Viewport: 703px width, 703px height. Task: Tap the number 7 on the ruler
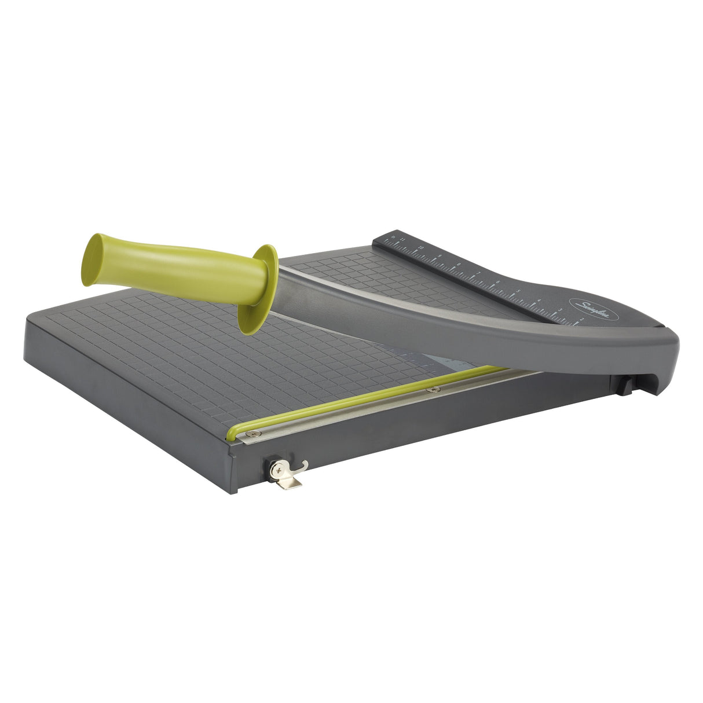click(x=479, y=273)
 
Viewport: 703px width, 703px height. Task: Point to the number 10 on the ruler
click(x=421, y=248)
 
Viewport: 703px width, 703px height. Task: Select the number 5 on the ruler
click(x=518, y=291)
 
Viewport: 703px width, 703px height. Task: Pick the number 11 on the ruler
click(x=402, y=239)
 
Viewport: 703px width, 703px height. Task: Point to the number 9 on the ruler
click(x=440, y=256)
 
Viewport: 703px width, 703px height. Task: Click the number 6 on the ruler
click(x=498, y=281)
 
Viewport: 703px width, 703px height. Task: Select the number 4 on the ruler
click(x=539, y=300)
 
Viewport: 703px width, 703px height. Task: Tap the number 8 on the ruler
click(x=459, y=264)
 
